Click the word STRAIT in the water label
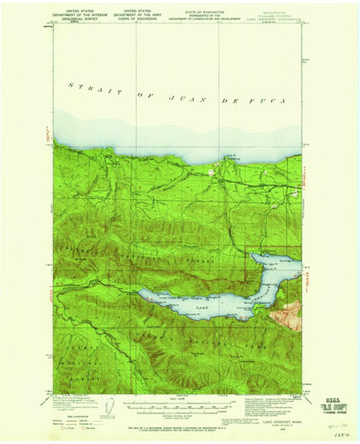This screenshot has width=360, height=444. click(x=84, y=86)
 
